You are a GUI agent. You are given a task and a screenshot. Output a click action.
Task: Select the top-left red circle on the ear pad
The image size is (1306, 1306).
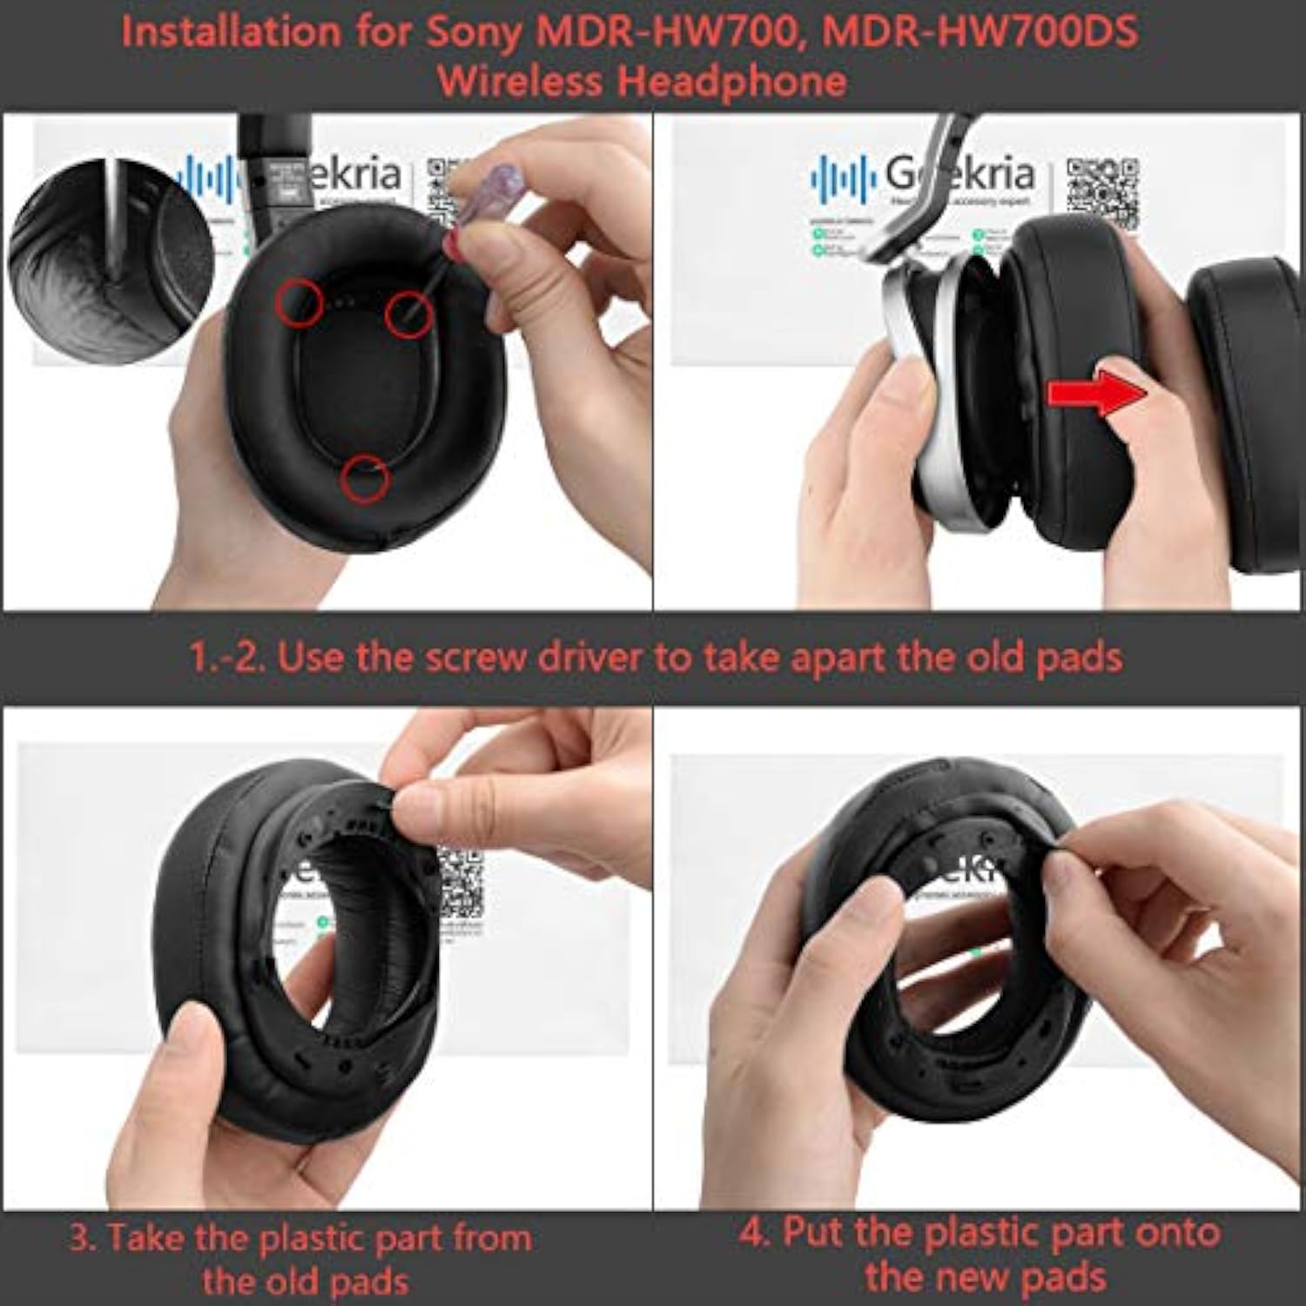(300, 303)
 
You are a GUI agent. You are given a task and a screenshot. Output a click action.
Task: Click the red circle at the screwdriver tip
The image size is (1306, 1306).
(409, 313)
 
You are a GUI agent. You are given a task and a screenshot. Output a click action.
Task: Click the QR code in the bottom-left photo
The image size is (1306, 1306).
(460, 890)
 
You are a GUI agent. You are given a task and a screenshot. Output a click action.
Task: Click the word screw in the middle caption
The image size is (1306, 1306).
(475, 656)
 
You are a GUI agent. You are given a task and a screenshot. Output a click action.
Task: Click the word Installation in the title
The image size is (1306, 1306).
(232, 33)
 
